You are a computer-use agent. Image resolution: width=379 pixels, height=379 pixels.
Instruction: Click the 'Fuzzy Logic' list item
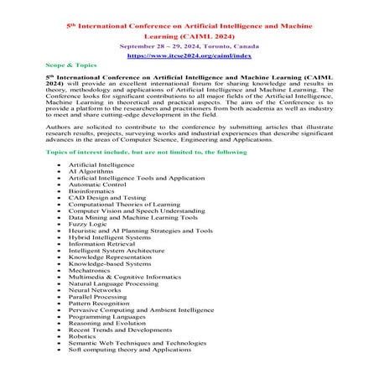click(x=87, y=224)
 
